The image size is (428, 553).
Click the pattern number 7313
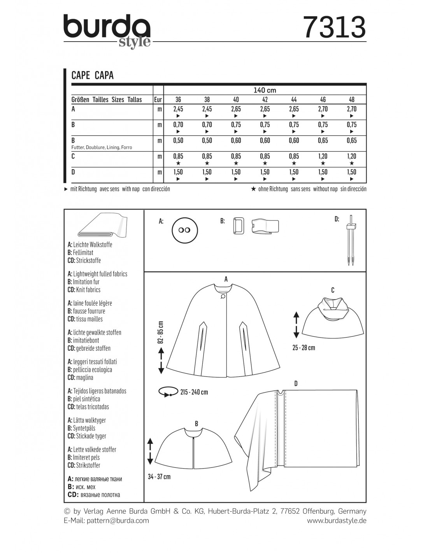[x=334, y=27]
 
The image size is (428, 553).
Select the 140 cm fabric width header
[x=265, y=90]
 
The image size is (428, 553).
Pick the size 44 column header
[x=294, y=100]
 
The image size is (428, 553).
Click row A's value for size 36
[x=178, y=109]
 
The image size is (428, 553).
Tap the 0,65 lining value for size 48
[x=351, y=141]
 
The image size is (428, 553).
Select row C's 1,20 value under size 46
[x=323, y=156]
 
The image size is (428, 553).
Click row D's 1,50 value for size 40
[x=236, y=172]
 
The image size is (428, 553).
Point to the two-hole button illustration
[x=184, y=230]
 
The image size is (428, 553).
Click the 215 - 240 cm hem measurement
[x=194, y=392]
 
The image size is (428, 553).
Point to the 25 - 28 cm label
[x=304, y=348]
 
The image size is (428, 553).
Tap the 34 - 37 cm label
[x=159, y=476]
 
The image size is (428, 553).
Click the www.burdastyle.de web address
[x=337, y=520]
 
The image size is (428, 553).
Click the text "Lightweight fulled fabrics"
[x=100, y=274]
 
